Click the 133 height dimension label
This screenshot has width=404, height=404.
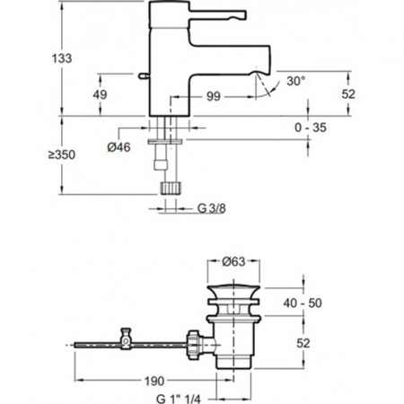[62, 58]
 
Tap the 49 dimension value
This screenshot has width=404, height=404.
[100, 95]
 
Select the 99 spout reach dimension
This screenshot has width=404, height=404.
[214, 97]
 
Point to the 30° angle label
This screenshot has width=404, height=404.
[296, 81]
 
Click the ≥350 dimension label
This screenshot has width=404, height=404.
[62, 154]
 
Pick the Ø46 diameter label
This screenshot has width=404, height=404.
[119, 147]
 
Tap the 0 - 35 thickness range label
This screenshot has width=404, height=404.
[311, 127]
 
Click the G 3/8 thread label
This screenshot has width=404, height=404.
[211, 208]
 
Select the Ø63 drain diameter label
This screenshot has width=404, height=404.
[233, 262]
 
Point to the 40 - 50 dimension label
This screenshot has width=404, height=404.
[303, 303]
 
